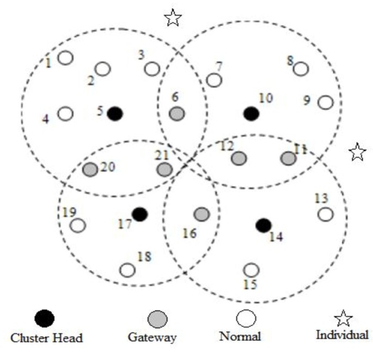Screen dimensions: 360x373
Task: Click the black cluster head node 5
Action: pos(114,114)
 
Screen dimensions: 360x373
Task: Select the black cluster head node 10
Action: pos(250,114)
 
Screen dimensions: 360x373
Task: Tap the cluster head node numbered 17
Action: pos(140,214)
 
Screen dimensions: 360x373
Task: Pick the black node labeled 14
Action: pos(264,225)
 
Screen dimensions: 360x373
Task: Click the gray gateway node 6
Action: pos(176,114)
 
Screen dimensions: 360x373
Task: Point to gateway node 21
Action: pos(164,169)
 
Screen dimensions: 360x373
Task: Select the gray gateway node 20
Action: pos(90,169)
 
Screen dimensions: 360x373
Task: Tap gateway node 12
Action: pos(239,158)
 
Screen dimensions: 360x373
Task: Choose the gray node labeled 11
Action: pos(288,158)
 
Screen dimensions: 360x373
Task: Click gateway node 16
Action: pos(201,214)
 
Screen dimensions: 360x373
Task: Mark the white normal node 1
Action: pos(65,57)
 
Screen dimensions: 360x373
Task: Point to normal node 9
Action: pos(325,102)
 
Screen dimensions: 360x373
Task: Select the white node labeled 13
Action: pos(325,214)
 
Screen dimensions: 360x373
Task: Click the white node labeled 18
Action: pos(127,270)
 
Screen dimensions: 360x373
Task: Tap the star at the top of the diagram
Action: pos(173,18)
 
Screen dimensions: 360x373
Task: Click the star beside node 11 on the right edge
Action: pos(357,153)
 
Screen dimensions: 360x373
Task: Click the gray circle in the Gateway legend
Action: pos(158,318)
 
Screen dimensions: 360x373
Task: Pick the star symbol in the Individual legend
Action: pos(344,319)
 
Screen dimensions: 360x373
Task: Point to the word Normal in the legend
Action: pos(240,337)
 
